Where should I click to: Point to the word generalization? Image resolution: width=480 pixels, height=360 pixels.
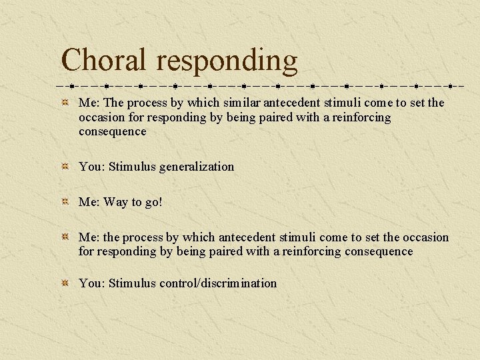(197, 167)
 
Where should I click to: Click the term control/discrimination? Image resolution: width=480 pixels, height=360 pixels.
(218, 283)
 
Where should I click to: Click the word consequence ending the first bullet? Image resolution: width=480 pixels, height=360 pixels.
(112, 131)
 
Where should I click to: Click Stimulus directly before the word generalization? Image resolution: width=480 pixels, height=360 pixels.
(132, 167)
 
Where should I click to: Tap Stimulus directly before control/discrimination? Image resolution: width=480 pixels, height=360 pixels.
(132, 283)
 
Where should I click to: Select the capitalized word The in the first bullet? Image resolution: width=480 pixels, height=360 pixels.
(114, 103)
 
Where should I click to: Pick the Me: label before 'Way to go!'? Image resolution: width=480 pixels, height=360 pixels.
(89, 202)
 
